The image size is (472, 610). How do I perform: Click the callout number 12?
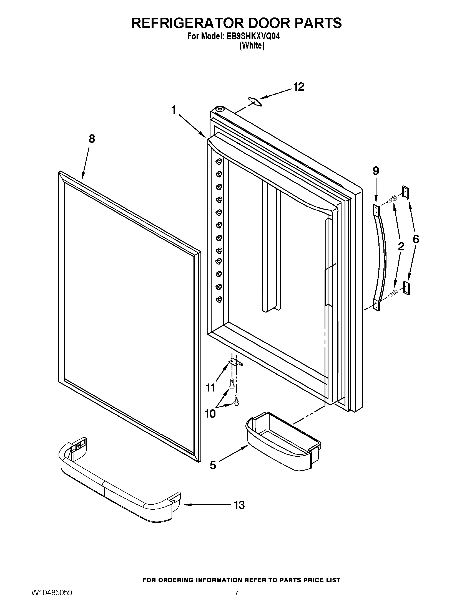tap(299, 87)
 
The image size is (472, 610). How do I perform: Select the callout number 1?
tap(174, 110)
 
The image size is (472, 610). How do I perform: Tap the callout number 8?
tap(92, 139)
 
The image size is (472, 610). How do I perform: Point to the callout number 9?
tap(376, 171)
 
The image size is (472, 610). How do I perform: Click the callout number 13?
tap(239, 505)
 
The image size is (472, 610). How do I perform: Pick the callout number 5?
tap(213, 465)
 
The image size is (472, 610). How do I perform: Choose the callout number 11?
tap(210, 388)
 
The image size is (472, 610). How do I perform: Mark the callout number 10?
tap(210, 414)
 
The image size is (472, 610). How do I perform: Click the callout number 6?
tap(416, 239)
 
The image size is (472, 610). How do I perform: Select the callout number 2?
tap(401, 246)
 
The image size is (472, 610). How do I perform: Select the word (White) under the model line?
tap(252, 45)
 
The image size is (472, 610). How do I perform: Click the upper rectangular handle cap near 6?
tap(405, 192)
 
